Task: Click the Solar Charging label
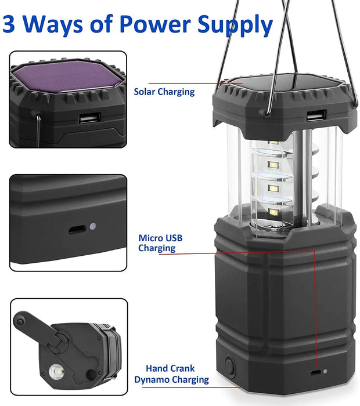pos(164,91)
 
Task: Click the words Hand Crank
pos(171,368)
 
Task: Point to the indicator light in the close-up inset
pos(93,228)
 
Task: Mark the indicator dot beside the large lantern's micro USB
pos(325,372)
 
